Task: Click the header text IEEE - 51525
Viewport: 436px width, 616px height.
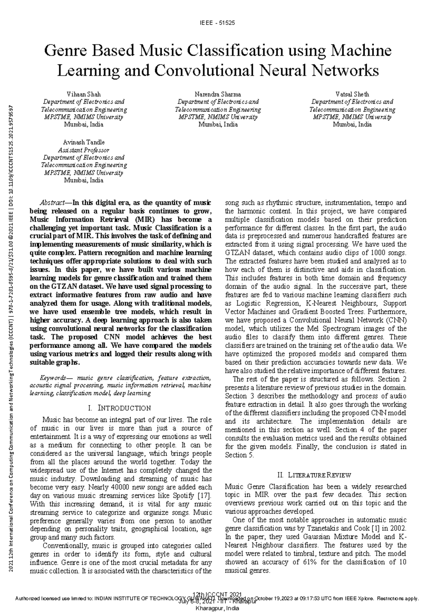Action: click(x=217, y=23)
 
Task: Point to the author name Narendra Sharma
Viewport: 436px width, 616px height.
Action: click(x=218, y=94)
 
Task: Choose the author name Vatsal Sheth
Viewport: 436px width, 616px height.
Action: click(x=352, y=94)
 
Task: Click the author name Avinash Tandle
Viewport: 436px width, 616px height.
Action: click(x=84, y=142)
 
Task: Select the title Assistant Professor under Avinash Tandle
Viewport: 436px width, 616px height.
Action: click(x=84, y=150)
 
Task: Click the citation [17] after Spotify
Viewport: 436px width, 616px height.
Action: click(x=204, y=496)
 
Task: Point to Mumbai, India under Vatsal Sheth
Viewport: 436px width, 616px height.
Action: click(x=352, y=125)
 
